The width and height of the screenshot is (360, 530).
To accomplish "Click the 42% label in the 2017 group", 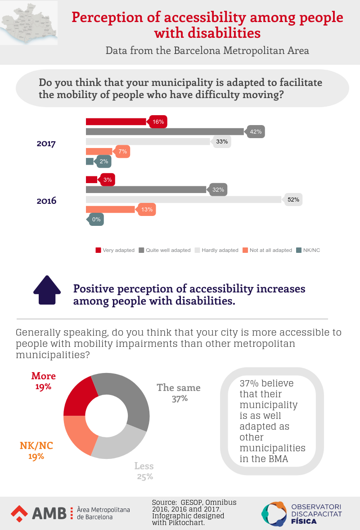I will click(x=256, y=132).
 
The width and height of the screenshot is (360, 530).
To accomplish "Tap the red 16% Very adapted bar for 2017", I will click(x=116, y=121).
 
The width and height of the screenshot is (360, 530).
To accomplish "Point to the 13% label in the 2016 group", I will click(x=147, y=210).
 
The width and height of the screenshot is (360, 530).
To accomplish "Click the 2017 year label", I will click(x=46, y=144).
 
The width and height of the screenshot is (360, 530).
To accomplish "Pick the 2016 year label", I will click(x=46, y=201).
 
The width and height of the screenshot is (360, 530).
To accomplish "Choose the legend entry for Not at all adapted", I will click(x=267, y=250).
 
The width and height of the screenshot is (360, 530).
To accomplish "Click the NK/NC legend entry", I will click(x=308, y=250).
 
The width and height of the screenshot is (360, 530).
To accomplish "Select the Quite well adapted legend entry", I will click(x=165, y=250).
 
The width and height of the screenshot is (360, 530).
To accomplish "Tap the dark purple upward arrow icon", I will click(x=47, y=291).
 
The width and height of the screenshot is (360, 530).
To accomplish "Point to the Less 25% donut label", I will click(x=144, y=471).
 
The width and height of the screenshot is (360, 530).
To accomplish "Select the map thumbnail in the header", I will click(x=29, y=23).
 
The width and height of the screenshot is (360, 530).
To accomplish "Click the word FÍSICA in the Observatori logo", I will click(x=304, y=521).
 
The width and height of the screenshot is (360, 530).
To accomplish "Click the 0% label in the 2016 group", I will click(x=96, y=220).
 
